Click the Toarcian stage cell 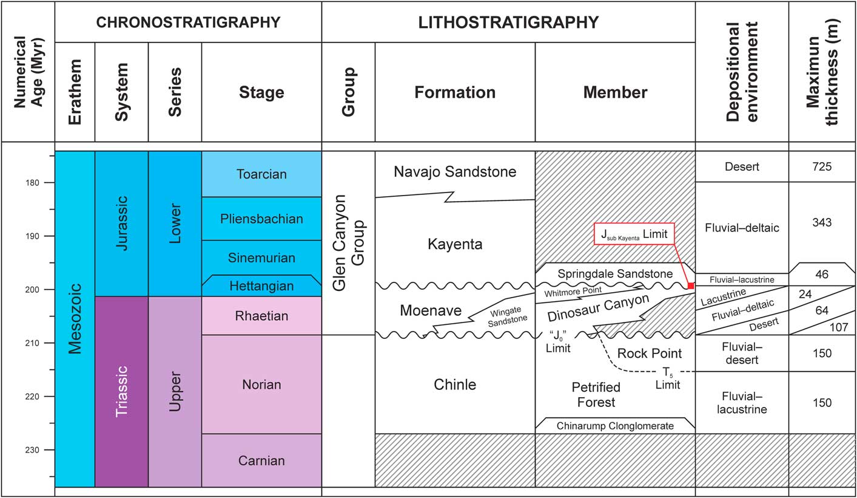261,174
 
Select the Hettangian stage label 261,286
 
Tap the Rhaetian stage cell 261,316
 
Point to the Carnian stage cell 261,460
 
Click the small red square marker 690,285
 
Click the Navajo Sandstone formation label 455,172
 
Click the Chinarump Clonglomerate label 614,426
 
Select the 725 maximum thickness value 822,166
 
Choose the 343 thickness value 822,222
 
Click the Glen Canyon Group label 348,243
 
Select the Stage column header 261,92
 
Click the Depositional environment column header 742,72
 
